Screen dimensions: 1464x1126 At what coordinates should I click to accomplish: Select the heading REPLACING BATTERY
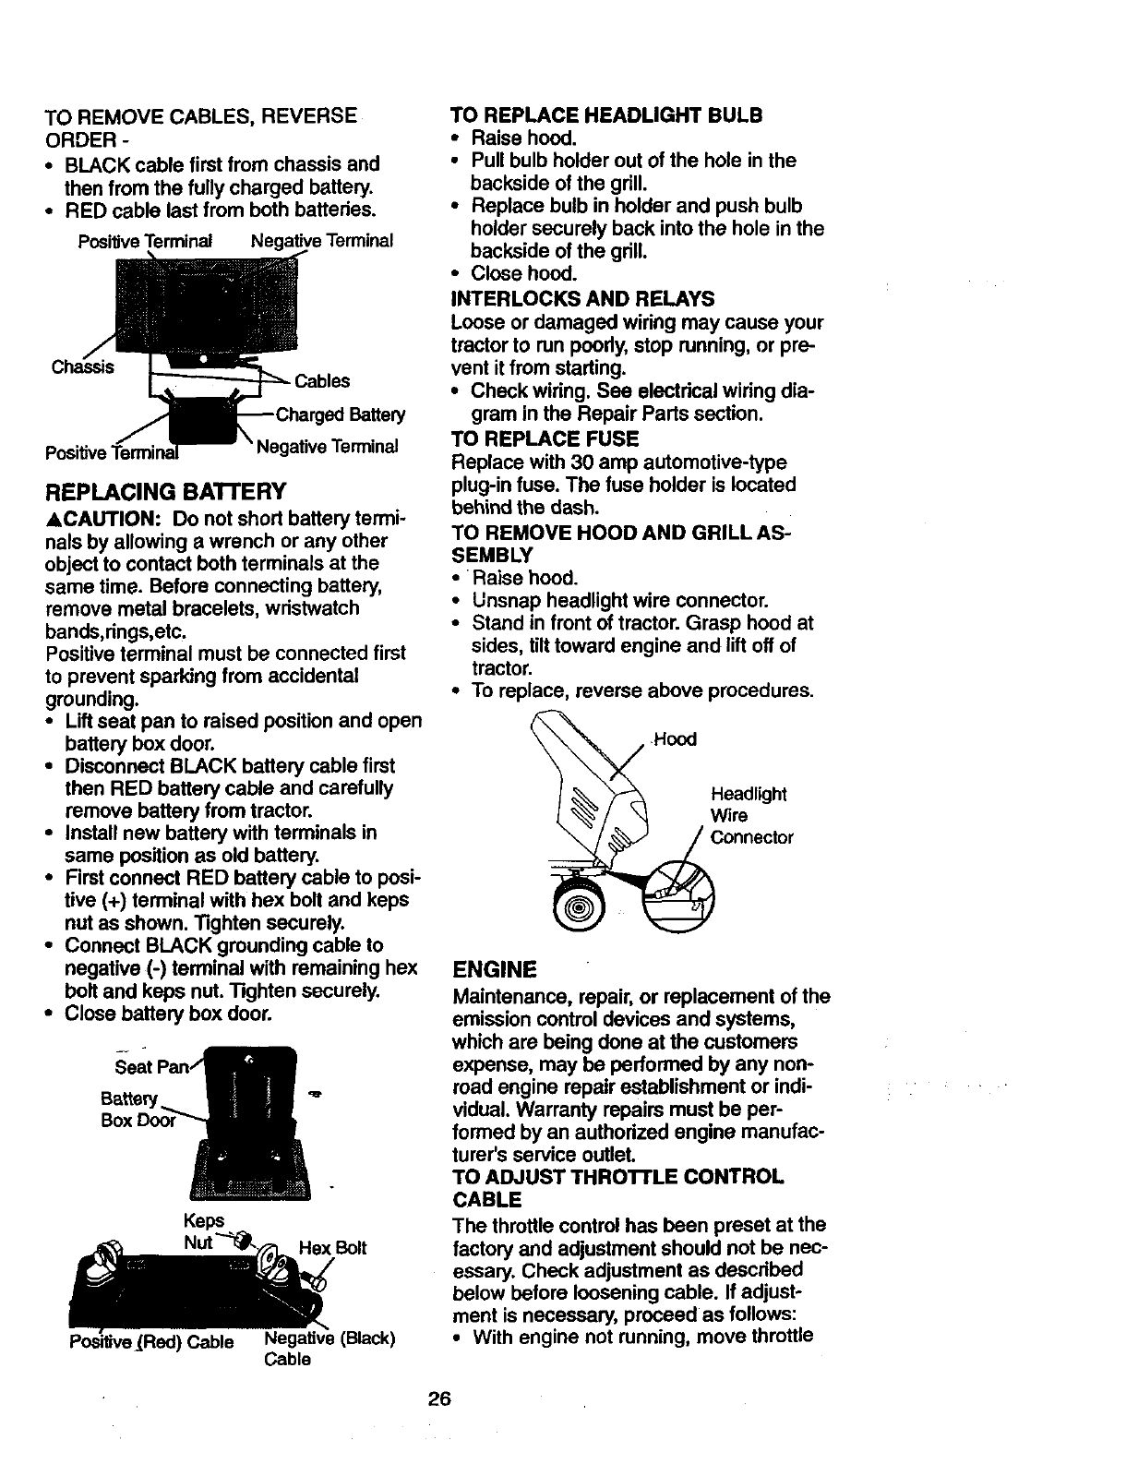166,489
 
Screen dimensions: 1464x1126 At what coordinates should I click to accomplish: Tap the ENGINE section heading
495,969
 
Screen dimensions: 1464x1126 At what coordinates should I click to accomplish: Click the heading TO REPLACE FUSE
545,438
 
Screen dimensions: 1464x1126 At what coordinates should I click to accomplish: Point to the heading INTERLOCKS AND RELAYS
582,298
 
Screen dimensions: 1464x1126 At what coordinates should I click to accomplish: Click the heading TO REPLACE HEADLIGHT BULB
606,115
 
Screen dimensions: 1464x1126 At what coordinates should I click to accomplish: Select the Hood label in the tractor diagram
675,739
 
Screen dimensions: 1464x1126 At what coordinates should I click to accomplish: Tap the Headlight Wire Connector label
751,816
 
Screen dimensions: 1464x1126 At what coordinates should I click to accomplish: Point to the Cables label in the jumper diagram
322,381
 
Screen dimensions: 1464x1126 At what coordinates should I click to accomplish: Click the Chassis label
83,366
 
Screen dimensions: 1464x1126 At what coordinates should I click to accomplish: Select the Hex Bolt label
333,1248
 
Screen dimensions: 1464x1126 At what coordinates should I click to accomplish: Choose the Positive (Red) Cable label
151,1341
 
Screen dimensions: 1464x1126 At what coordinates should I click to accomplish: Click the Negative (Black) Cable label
329,1348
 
